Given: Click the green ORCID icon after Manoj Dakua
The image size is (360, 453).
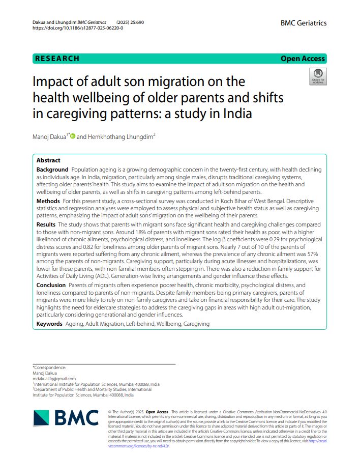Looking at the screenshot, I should [72, 136].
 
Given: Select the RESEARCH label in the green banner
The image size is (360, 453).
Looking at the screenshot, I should [57, 59].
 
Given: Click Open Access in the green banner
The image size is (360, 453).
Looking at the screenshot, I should [303, 59].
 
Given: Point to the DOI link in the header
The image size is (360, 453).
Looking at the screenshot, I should [77, 28].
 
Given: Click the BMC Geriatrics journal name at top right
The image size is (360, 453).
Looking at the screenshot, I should [303, 23].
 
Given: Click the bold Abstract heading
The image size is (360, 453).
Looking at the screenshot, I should [48, 160].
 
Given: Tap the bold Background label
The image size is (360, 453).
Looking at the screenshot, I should [52, 169].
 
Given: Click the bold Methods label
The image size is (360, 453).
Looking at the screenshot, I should [48, 201].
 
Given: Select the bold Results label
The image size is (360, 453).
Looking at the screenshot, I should [47, 224].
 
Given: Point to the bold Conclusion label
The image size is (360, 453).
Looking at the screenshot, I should [51, 285].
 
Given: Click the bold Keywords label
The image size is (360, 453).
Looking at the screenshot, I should [50, 324].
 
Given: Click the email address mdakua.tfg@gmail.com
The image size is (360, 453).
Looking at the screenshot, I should [54, 378].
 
